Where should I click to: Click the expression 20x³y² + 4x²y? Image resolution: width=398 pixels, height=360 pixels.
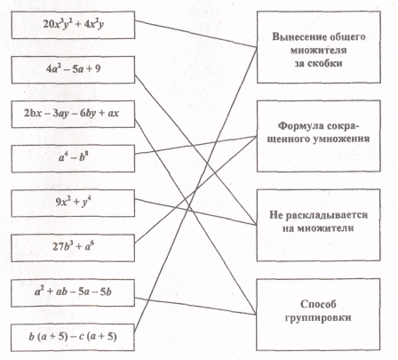(73, 24)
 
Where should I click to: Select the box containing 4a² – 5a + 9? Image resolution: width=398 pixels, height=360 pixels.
(73, 69)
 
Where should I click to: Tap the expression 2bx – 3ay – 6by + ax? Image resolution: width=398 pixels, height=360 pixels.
(71, 114)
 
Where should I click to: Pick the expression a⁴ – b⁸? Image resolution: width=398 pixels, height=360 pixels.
(73, 157)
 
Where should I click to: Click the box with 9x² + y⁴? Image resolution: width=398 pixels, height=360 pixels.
(73, 204)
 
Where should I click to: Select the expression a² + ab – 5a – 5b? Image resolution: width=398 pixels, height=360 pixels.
(73, 292)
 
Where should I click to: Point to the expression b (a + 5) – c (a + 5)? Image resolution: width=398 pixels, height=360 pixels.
(73, 337)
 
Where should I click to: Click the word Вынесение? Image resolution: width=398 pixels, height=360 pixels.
(297, 36)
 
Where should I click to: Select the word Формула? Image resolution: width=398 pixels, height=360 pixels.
(299, 126)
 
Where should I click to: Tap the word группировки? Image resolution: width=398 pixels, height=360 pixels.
(318, 317)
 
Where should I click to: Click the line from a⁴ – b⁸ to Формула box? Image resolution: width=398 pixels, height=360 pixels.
(195, 145)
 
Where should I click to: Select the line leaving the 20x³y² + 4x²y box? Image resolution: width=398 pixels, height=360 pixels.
(195, 34)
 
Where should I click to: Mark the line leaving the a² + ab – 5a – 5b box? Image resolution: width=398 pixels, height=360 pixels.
(195, 306)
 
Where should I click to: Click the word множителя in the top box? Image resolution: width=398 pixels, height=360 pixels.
(318, 50)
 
